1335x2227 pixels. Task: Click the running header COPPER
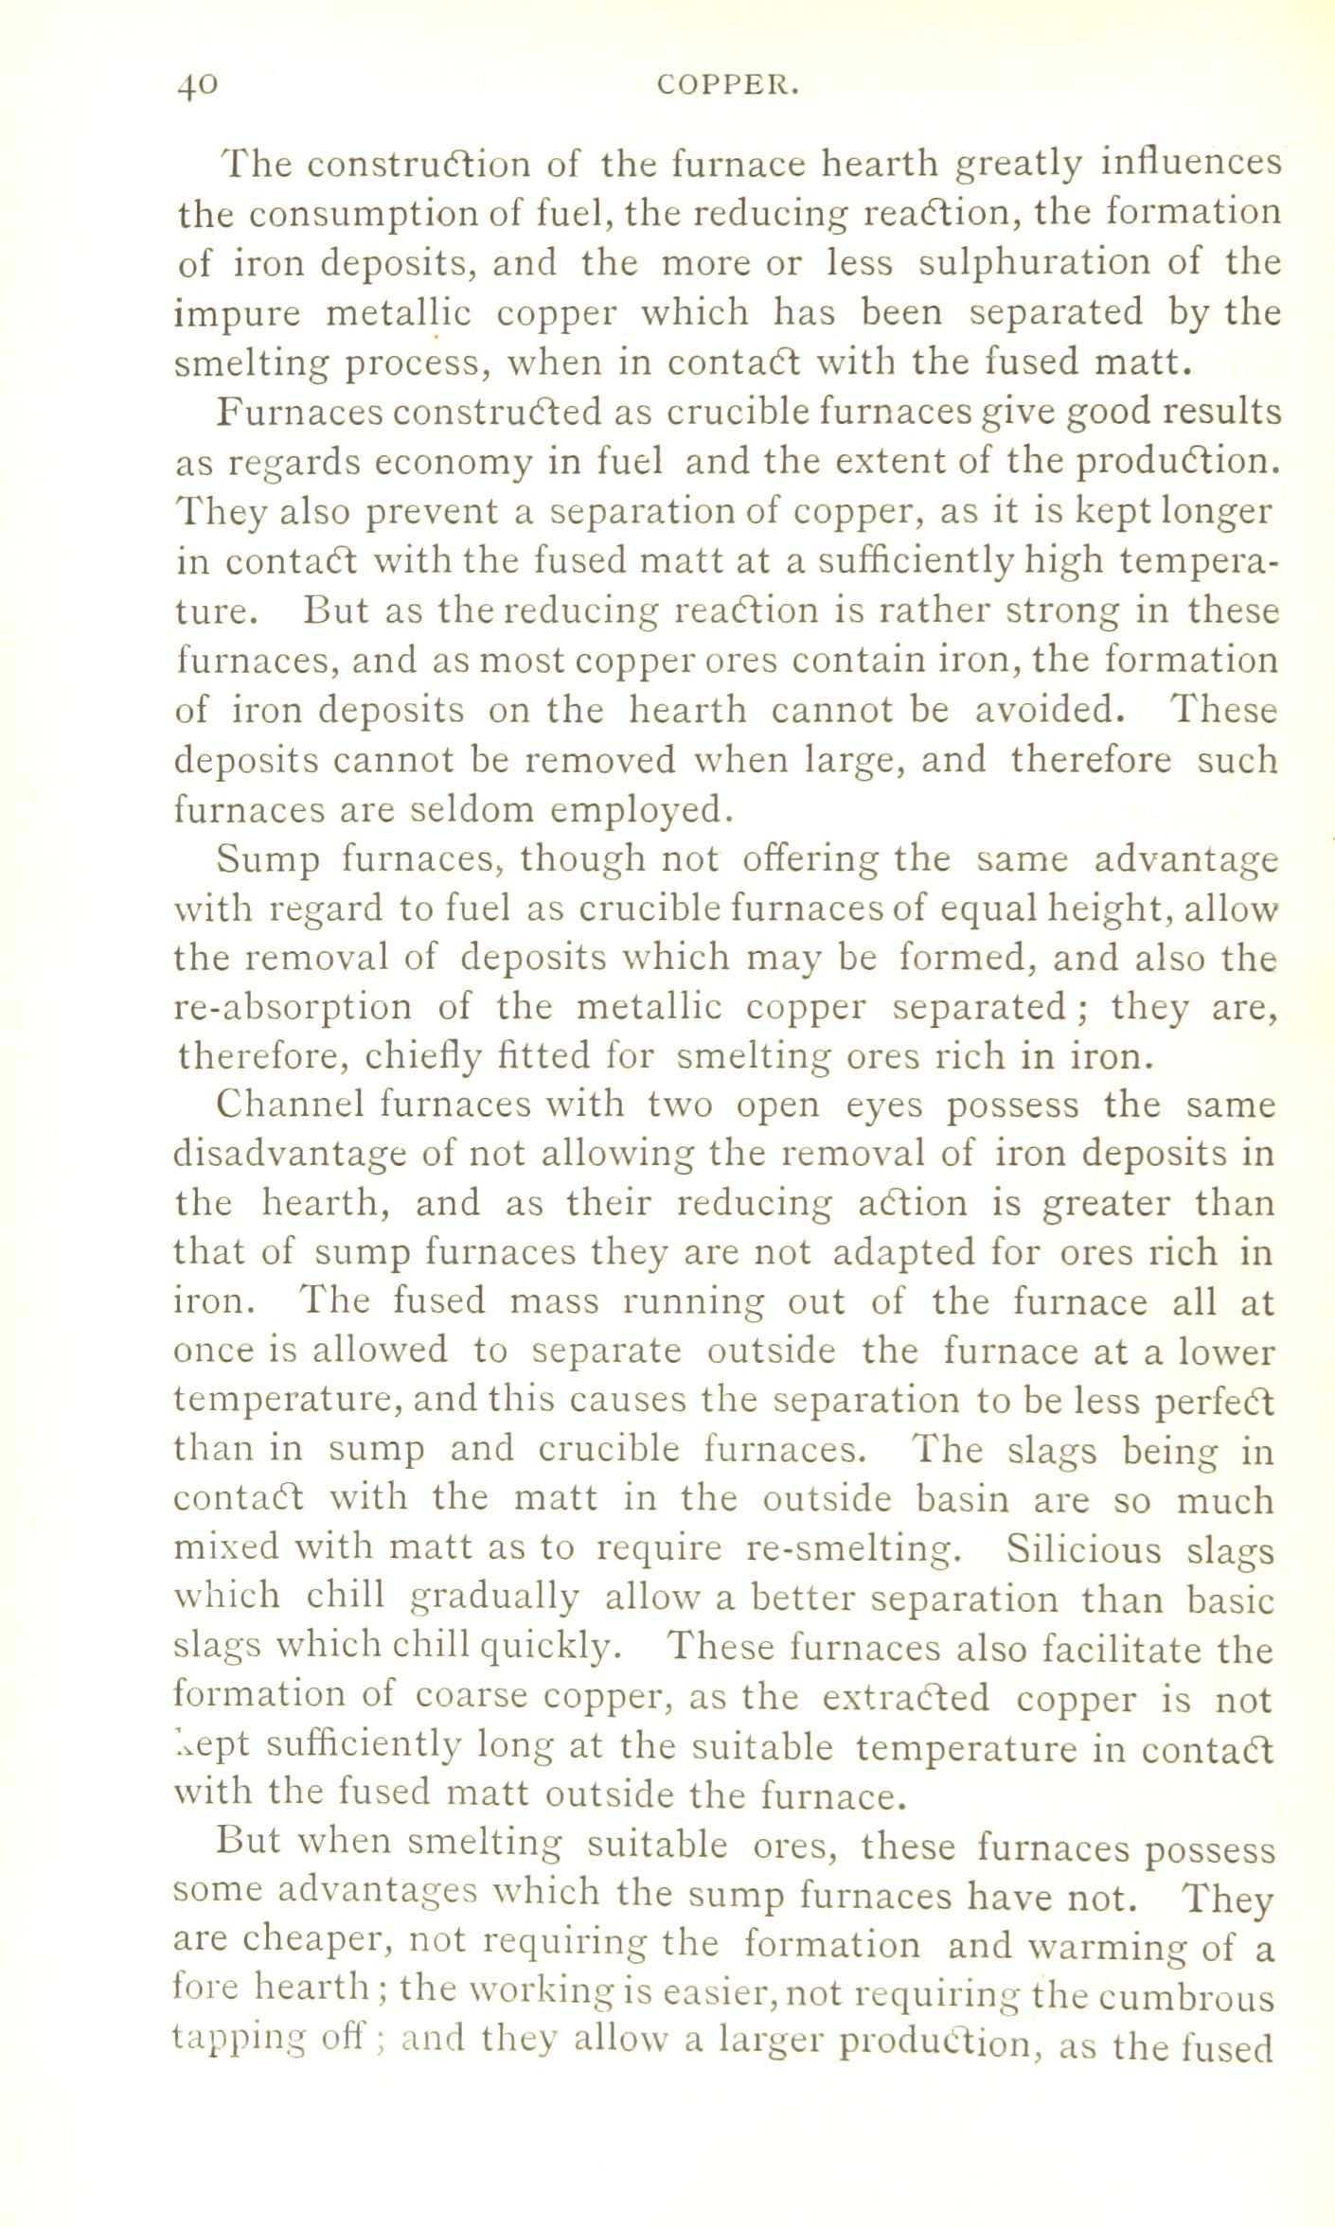pyautogui.click(x=728, y=86)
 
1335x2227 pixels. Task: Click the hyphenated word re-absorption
pyautogui.click(x=294, y=1006)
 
